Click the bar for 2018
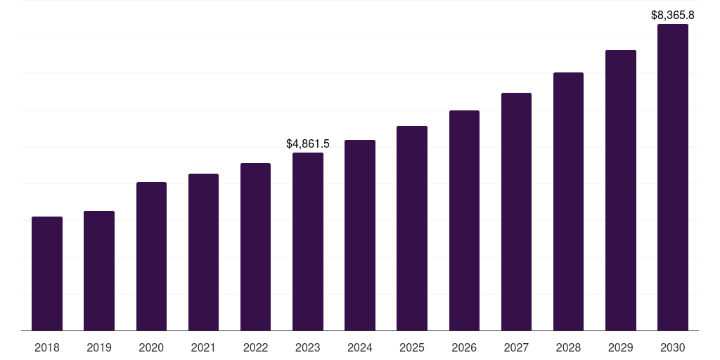[x=47, y=274]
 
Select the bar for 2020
[x=151, y=256]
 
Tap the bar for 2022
[x=255, y=247]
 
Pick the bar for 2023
[x=308, y=241]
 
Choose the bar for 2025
[x=412, y=228]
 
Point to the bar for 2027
[x=516, y=212]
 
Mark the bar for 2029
[x=620, y=190]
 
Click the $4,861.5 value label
[x=308, y=143]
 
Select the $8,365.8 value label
[x=672, y=15]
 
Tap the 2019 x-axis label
[x=99, y=347]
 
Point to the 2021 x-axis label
[x=203, y=347]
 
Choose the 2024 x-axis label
[x=360, y=347]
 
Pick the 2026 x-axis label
[x=464, y=347]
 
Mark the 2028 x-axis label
[x=568, y=347]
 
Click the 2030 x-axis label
[x=672, y=347]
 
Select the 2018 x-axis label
[x=47, y=347]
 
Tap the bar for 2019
[x=99, y=271]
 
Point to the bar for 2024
[x=360, y=235]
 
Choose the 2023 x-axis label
[x=308, y=347]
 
